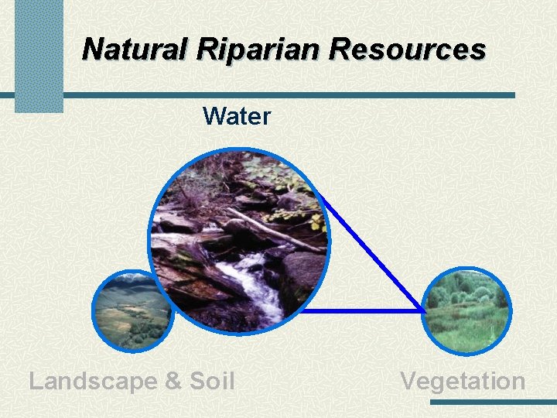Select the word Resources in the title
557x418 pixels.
(x=407, y=49)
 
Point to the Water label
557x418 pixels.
(x=237, y=117)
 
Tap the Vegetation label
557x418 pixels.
(x=463, y=381)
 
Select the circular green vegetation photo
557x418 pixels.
(x=468, y=310)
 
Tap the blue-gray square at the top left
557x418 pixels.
(x=39, y=54)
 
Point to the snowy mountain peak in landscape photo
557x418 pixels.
(x=132, y=276)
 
